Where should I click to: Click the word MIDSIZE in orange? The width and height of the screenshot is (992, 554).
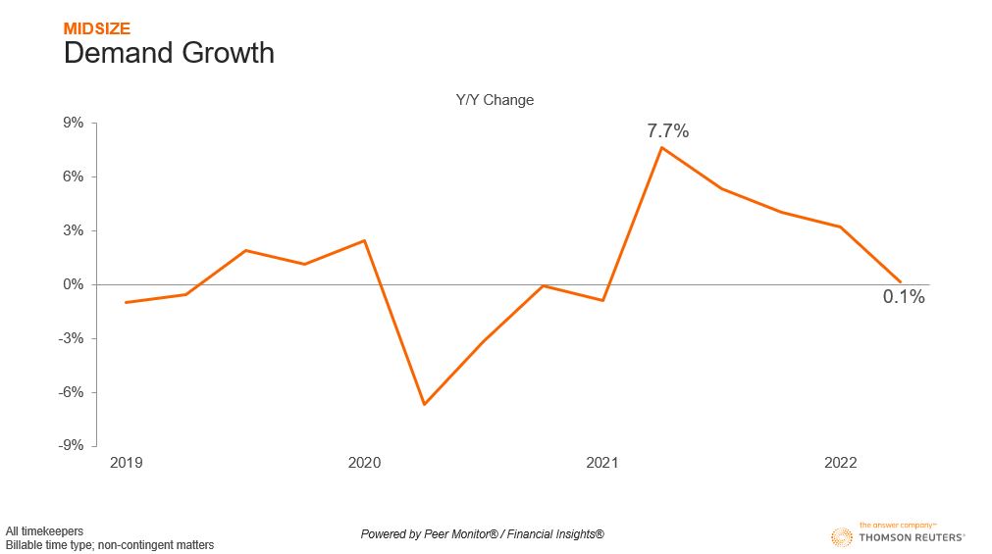tap(96, 28)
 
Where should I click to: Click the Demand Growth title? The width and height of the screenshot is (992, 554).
tap(169, 53)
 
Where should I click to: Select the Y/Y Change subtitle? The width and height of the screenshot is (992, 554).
tap(495, 100)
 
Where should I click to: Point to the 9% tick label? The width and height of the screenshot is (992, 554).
tap(74, 123)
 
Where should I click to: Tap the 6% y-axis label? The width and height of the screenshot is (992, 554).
tap(74, 176)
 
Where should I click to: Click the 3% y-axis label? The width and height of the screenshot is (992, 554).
tap(74, 230)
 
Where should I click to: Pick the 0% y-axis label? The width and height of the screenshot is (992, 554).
tap(74, 284)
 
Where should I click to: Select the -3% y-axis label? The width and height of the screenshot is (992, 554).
tap(72, 338)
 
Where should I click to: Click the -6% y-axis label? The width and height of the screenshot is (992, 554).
tap(72, 392)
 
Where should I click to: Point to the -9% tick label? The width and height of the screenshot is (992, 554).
tap(72, 445)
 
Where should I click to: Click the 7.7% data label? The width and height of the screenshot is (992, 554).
tap(667, 130)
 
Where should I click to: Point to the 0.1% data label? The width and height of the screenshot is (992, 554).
tap(904, 297)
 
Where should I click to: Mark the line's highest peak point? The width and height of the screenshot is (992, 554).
tap(662, 147)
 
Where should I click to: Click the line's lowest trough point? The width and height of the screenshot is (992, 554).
tap(424, 404)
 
